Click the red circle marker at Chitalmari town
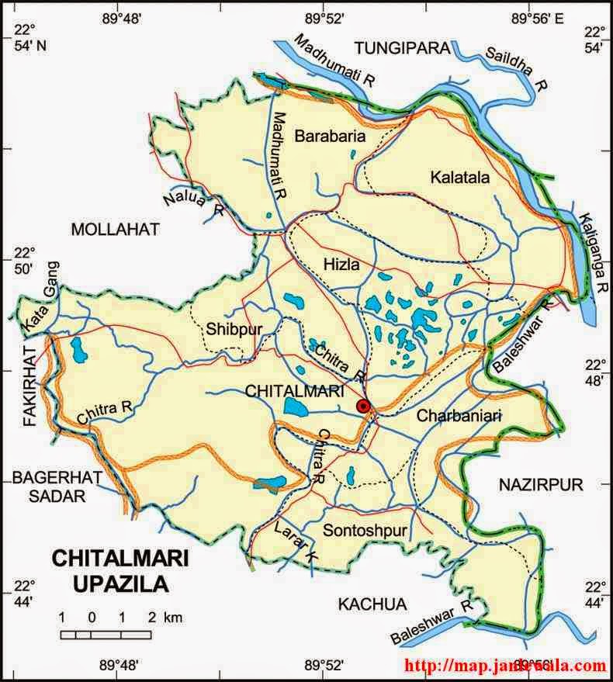click(x=362, y=406)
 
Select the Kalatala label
click(x=459, y=178)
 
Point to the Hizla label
click(x=341, y=265)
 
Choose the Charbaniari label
click(x=459, y=416)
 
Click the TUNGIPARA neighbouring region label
click(x=402, y=48)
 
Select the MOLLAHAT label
click(x=115, y=229)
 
